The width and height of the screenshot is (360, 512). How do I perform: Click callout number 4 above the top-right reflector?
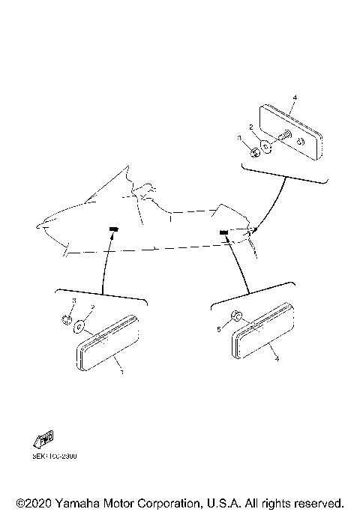point(295,98)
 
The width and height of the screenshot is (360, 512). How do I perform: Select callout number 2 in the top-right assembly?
point(251,127)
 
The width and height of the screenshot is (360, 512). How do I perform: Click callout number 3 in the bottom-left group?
point(73,300)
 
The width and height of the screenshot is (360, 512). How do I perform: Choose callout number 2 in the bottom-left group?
point(91,307)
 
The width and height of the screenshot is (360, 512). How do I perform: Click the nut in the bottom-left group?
point(66,320)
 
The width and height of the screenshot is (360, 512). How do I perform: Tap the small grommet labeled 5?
point(234,318)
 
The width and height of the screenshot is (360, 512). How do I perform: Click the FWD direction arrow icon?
point(44,440)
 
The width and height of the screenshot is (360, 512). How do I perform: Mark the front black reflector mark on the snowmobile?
point(114,228)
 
